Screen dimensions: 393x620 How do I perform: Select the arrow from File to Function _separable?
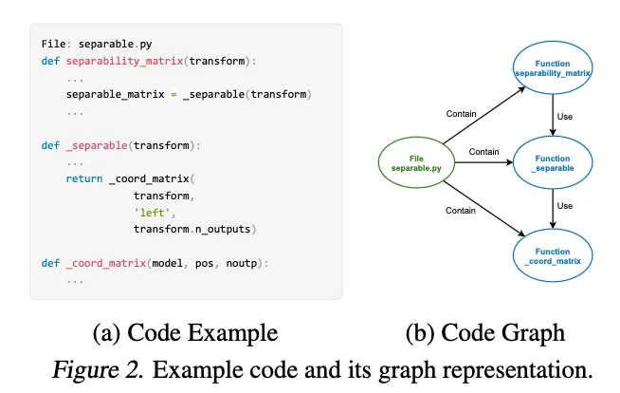(483, 160)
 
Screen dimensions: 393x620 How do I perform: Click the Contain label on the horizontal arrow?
(483, 151)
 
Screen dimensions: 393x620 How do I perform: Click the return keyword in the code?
(84, 178)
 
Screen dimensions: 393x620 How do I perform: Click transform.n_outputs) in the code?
(195, 229)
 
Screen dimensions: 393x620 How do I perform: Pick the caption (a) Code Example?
(186, 333)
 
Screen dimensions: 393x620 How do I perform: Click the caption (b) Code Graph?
(484, 333)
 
